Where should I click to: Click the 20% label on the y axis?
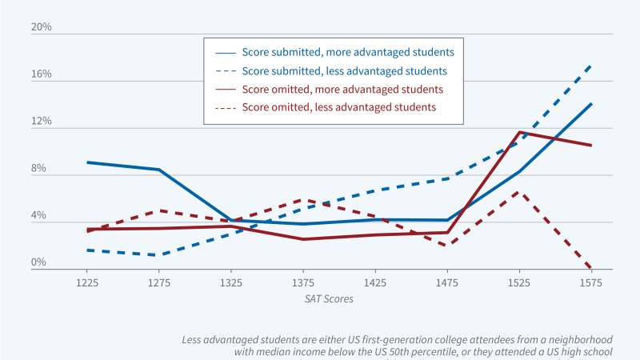coord(41,27)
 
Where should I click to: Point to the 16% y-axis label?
coord(41,74)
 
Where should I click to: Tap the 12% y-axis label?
coord(41,122)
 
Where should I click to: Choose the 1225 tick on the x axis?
coord(87,283)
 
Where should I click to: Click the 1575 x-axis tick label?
coord(591,283)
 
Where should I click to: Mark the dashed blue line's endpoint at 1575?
coord(591,65)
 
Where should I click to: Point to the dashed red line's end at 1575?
coord(591,269)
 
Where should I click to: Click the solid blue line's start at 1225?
coord(87,162)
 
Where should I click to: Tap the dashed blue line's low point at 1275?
coord(159,255)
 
